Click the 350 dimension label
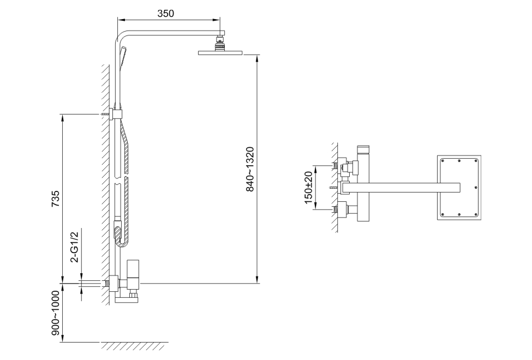(165, 13)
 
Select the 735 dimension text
(55, 199)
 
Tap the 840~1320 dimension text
(250, 169)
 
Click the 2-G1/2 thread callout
(74, 247)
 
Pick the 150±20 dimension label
(308, 188)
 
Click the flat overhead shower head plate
(220, 52)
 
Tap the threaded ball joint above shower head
(220, 43)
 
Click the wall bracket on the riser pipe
(116, 115)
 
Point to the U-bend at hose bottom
(121, 237)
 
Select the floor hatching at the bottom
(134, 346)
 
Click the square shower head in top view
(459, 188)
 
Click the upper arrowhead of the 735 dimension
(62, 118)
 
